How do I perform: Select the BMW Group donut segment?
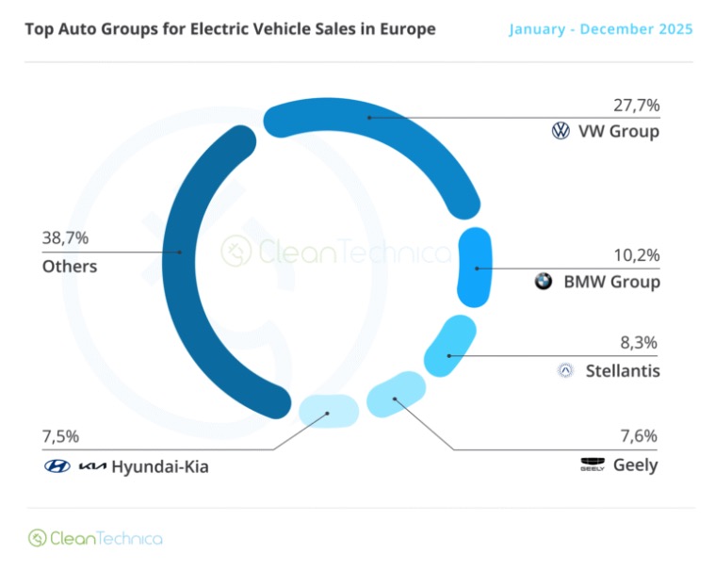pyautogui.click(x=476, y=268)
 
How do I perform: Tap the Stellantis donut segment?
pyautogui.click(x=449, y=355)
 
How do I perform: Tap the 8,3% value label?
pyautogui.click(x=640, y=343)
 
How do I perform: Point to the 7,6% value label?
pyautogui.click(x=640, y=436)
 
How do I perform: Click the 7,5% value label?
pyautogui.click(x=60, y=436)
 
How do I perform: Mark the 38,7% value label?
pyautogui.click(x=65, y=238)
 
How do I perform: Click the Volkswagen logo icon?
pyautogui.click(x=561, y=132)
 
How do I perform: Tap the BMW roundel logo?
pyautogui.click(x=544, y=281)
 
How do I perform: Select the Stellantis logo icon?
pyautogui.click(x=565, y=370)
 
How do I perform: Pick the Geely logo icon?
pyautogui.click(x=593, y=465)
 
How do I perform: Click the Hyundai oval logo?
pyautogui.click(x=57, y=466)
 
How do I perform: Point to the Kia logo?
pyautogui.click(x=92, y=466)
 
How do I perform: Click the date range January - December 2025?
pyautogui.click(x=601, y=29)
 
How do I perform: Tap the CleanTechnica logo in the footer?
pyautogui.click(x=94, y=538)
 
